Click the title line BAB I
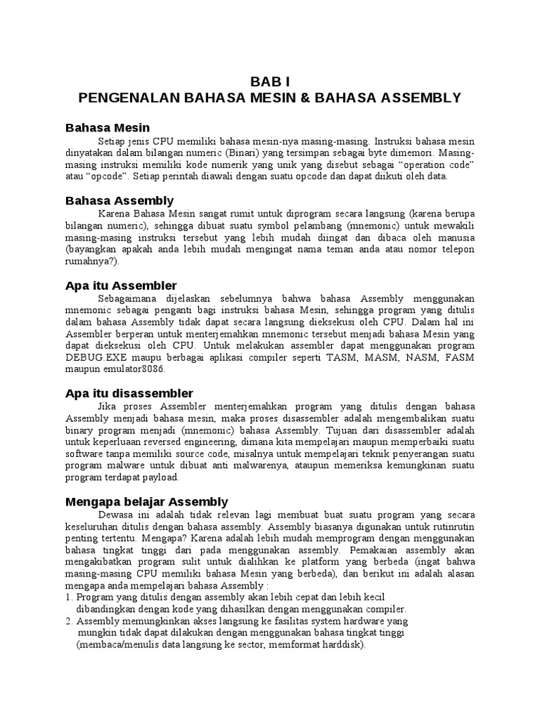[269, 81]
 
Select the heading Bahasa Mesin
[108, 127]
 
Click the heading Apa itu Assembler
[121, 285]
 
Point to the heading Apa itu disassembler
[129, 392]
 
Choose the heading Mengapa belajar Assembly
[146, 501]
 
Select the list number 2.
[68, 622]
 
